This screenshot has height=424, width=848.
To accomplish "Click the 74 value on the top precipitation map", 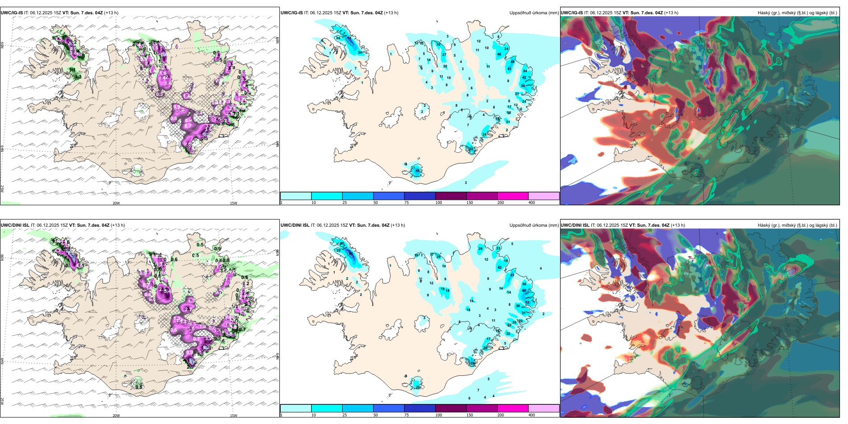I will pyautogui.click(x=349, y=40).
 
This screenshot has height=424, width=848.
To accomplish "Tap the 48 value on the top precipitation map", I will pyautogui.click(x=512, y=62).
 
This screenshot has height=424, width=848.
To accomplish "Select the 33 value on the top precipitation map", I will pyautogui.click(x=470, y=149).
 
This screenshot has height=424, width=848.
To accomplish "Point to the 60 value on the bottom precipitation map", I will pyautogui.click(x=524, y=291).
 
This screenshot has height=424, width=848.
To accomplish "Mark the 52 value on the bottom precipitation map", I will pyautogui.click(x=527, y=302).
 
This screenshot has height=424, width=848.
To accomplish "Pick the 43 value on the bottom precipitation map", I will pyautogui.click(x=512, y=275).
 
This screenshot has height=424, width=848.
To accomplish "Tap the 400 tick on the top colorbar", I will pyautogui.click(x=532, y=203).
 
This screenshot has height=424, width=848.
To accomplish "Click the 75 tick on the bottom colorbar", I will pyautogui.click(x=407, y=415).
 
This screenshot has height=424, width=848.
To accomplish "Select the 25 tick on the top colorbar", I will pyautogui.click(x=345, y=203).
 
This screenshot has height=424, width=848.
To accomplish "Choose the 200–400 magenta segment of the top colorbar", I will pyautogui.click(x=513, y=196).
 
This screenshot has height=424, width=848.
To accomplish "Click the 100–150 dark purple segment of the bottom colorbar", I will pyautogui.click(x=451, y=408).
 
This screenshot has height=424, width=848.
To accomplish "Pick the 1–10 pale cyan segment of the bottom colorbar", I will pyautogui.click(x=296, y=408).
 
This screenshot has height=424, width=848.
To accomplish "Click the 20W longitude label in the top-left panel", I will pyautogui.click(x=116, y=203).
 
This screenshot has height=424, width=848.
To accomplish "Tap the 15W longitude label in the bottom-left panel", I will pyautogui.click(x=233, y=416).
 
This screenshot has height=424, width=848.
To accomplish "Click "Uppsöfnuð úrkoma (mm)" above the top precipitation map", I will pyautogui.click(x=534, y=13).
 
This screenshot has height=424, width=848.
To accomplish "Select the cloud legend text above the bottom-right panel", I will pyautogui.click(x=797, y=225).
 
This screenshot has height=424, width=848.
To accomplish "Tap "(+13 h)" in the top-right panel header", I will pyautogui.click(x=671, y=13).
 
